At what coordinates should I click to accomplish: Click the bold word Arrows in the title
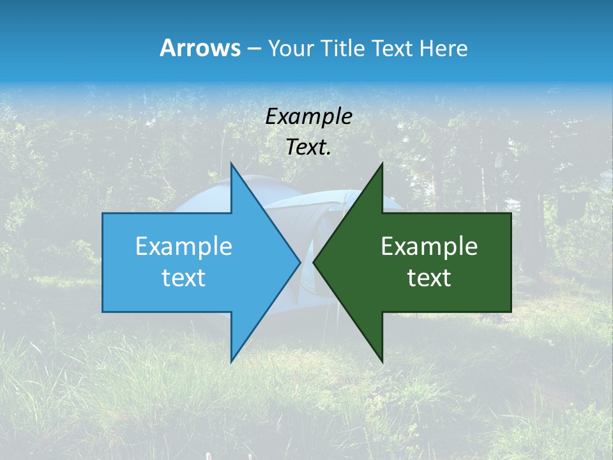tap(199, 48)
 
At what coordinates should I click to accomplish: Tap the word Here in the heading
tap(444, 48)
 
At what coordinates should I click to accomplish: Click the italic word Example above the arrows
tap(308, 116)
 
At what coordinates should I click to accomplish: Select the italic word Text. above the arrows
tap(308, 147)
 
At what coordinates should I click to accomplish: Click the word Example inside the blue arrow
tap(184, 247)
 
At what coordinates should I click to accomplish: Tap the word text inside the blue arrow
tap(184, 278)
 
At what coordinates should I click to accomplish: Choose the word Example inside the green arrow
tap(429, 247)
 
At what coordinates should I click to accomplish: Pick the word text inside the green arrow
tap(429, 278)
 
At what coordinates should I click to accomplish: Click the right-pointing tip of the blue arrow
tap(299, 262)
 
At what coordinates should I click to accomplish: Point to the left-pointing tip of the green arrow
tap(314, 262)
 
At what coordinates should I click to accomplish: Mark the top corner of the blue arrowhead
tap(231, 164)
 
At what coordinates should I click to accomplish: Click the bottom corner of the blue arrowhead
tap(231, 362)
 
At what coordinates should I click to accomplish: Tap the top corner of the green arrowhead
tap(382, 164)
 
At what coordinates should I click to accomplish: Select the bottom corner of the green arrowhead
tap(382, 362)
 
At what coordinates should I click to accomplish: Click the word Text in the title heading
tap(393, 48)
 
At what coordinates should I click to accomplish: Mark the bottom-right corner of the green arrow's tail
tap(511, 312)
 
